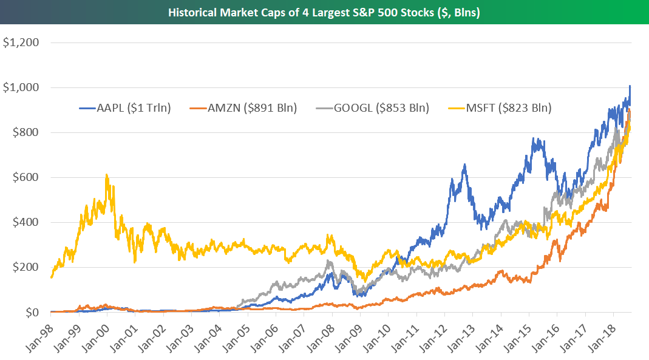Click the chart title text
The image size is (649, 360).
click(324, 12)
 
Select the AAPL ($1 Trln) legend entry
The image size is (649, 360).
click(126, 109)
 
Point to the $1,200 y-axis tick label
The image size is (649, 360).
click(21, 42)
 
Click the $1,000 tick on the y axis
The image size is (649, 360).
click(21, 87)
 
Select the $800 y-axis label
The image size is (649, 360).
click(27, 132)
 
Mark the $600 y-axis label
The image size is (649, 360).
click(27, 177)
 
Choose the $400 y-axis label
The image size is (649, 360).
click(27, 222)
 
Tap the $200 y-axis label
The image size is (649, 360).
click(27, 267)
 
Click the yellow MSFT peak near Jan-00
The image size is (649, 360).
click(107, 175)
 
